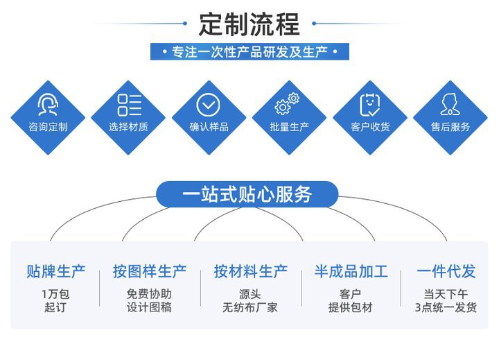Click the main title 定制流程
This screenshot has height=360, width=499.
click(249, 24)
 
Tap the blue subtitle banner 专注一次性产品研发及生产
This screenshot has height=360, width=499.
click(249, 52)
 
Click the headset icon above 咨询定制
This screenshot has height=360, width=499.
click(48, 105)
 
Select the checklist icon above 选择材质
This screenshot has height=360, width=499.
click(129, 105)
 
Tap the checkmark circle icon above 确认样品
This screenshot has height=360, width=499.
click(208, 105)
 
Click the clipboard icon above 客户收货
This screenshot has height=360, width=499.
click(370, 105)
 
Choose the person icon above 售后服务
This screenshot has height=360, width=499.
click(450, 105)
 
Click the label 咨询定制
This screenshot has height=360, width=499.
click(48, 127)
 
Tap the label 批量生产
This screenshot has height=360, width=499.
click(289, 127)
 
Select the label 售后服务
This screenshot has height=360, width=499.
click(450, 127)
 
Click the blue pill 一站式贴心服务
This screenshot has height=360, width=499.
click(247, 195)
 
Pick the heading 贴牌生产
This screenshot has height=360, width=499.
click(55, 271)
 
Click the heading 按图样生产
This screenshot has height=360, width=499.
click(150, 271)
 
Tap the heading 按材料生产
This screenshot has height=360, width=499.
click(250, 271)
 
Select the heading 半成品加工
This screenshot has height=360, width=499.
click(351, 271)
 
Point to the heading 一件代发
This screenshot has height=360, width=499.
click(446, 271)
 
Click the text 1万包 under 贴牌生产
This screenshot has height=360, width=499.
click(55, 294)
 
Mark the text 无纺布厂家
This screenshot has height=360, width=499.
click(250, 307)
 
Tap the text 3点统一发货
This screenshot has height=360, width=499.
click(446, 307)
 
